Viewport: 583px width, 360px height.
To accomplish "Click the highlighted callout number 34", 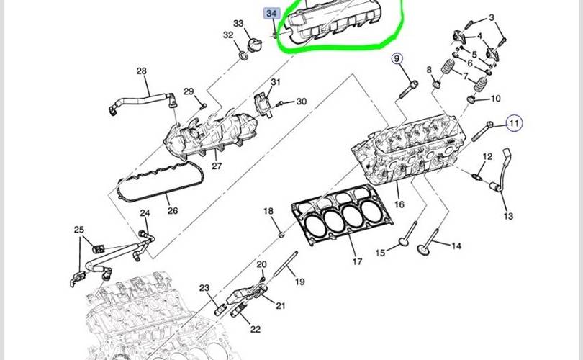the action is [271, 14].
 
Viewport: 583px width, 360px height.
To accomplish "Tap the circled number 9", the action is [397, 59].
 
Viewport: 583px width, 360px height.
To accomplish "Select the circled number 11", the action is [514, 123].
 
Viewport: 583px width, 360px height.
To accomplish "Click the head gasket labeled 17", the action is [342, 214].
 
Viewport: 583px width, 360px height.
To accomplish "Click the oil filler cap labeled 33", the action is [255, 45].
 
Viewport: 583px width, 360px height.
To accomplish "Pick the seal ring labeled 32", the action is [243, 56].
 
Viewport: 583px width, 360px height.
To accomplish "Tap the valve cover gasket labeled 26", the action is [161, 181].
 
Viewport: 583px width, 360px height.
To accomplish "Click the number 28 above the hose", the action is [142, 71].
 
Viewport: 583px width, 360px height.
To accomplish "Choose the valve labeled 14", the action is [428, 242].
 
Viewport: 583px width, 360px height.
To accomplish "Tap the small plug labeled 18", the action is [282, 234].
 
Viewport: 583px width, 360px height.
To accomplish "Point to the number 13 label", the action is [508, 216].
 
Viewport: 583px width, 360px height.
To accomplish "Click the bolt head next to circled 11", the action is [489, 125].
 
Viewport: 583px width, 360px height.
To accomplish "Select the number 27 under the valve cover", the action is [217, 166].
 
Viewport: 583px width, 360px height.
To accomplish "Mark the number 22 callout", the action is [255, 329].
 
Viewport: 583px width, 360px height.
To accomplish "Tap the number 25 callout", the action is [79, 230].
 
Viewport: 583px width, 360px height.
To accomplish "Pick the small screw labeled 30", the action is [281, 103].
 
